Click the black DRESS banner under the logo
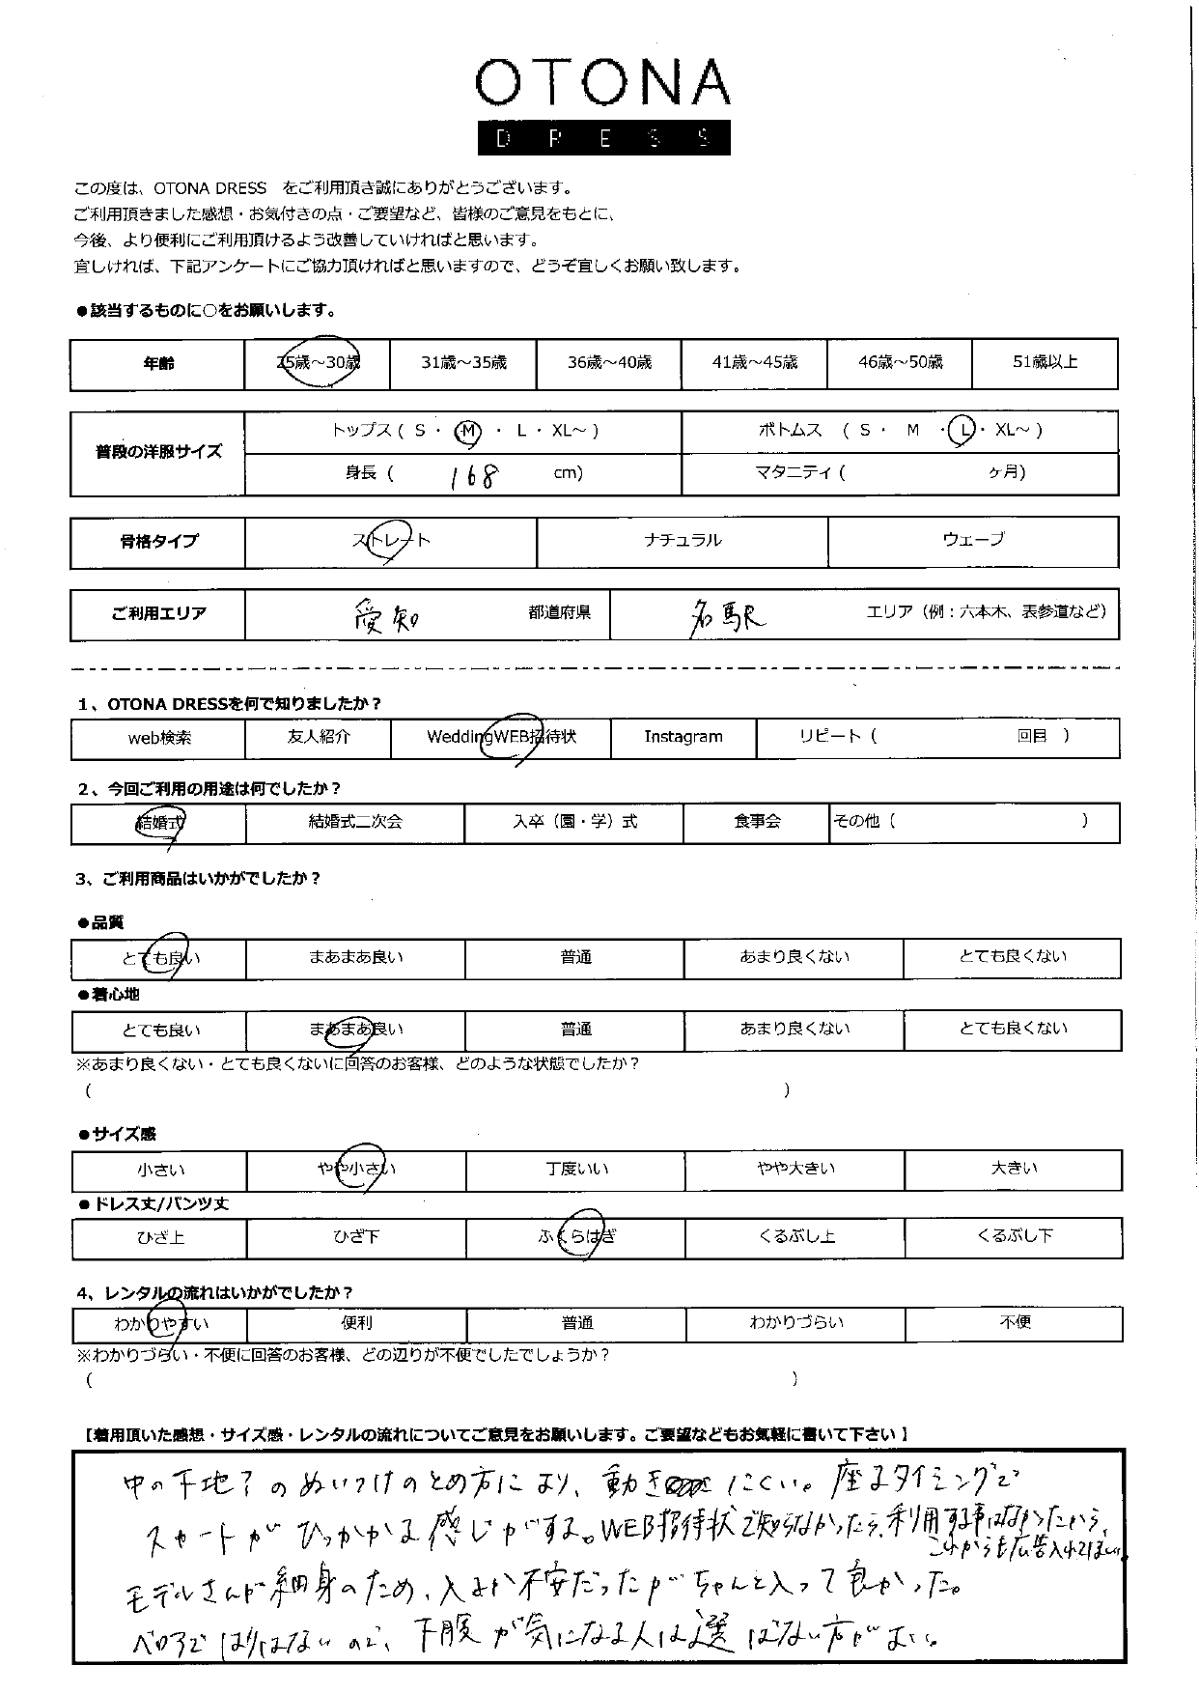(603, 138)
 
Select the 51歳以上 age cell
(1045, 363)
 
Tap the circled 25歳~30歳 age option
(318, 363)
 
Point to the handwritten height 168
(474, 474)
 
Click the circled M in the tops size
(467, 432)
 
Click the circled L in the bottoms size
(961, 432)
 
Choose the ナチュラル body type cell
(682, 541)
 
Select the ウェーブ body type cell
(973, 541)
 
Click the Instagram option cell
(683, 738)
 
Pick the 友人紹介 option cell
(319, 738)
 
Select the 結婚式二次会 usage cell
(355, 823)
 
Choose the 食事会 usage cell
(757, 823)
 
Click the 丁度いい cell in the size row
(575, 1170)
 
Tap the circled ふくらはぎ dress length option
(576, 1237)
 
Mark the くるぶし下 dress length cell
(1014, 1237)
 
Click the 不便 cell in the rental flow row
(1014, 1323)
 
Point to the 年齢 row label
(158, 364)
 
